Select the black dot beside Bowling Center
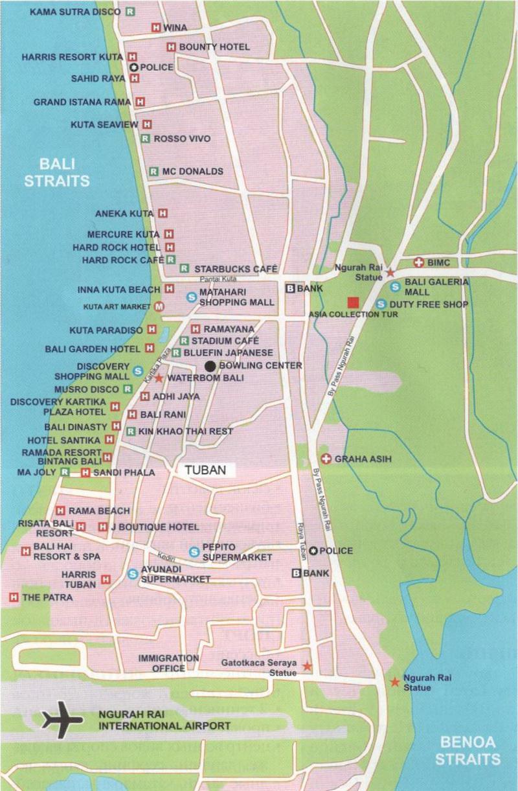point(210,365)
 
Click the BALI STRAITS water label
point(56,172)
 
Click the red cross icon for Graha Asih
point(326,459)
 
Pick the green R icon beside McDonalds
point(153,172)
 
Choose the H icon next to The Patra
point(13,597)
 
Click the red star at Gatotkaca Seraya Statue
point(307,666)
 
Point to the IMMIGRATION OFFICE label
point(168,663)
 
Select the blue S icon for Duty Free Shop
point(381,303)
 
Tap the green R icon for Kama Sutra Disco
point(131,11)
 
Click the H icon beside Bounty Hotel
point(171,47)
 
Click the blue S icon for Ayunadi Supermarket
point(133,573)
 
